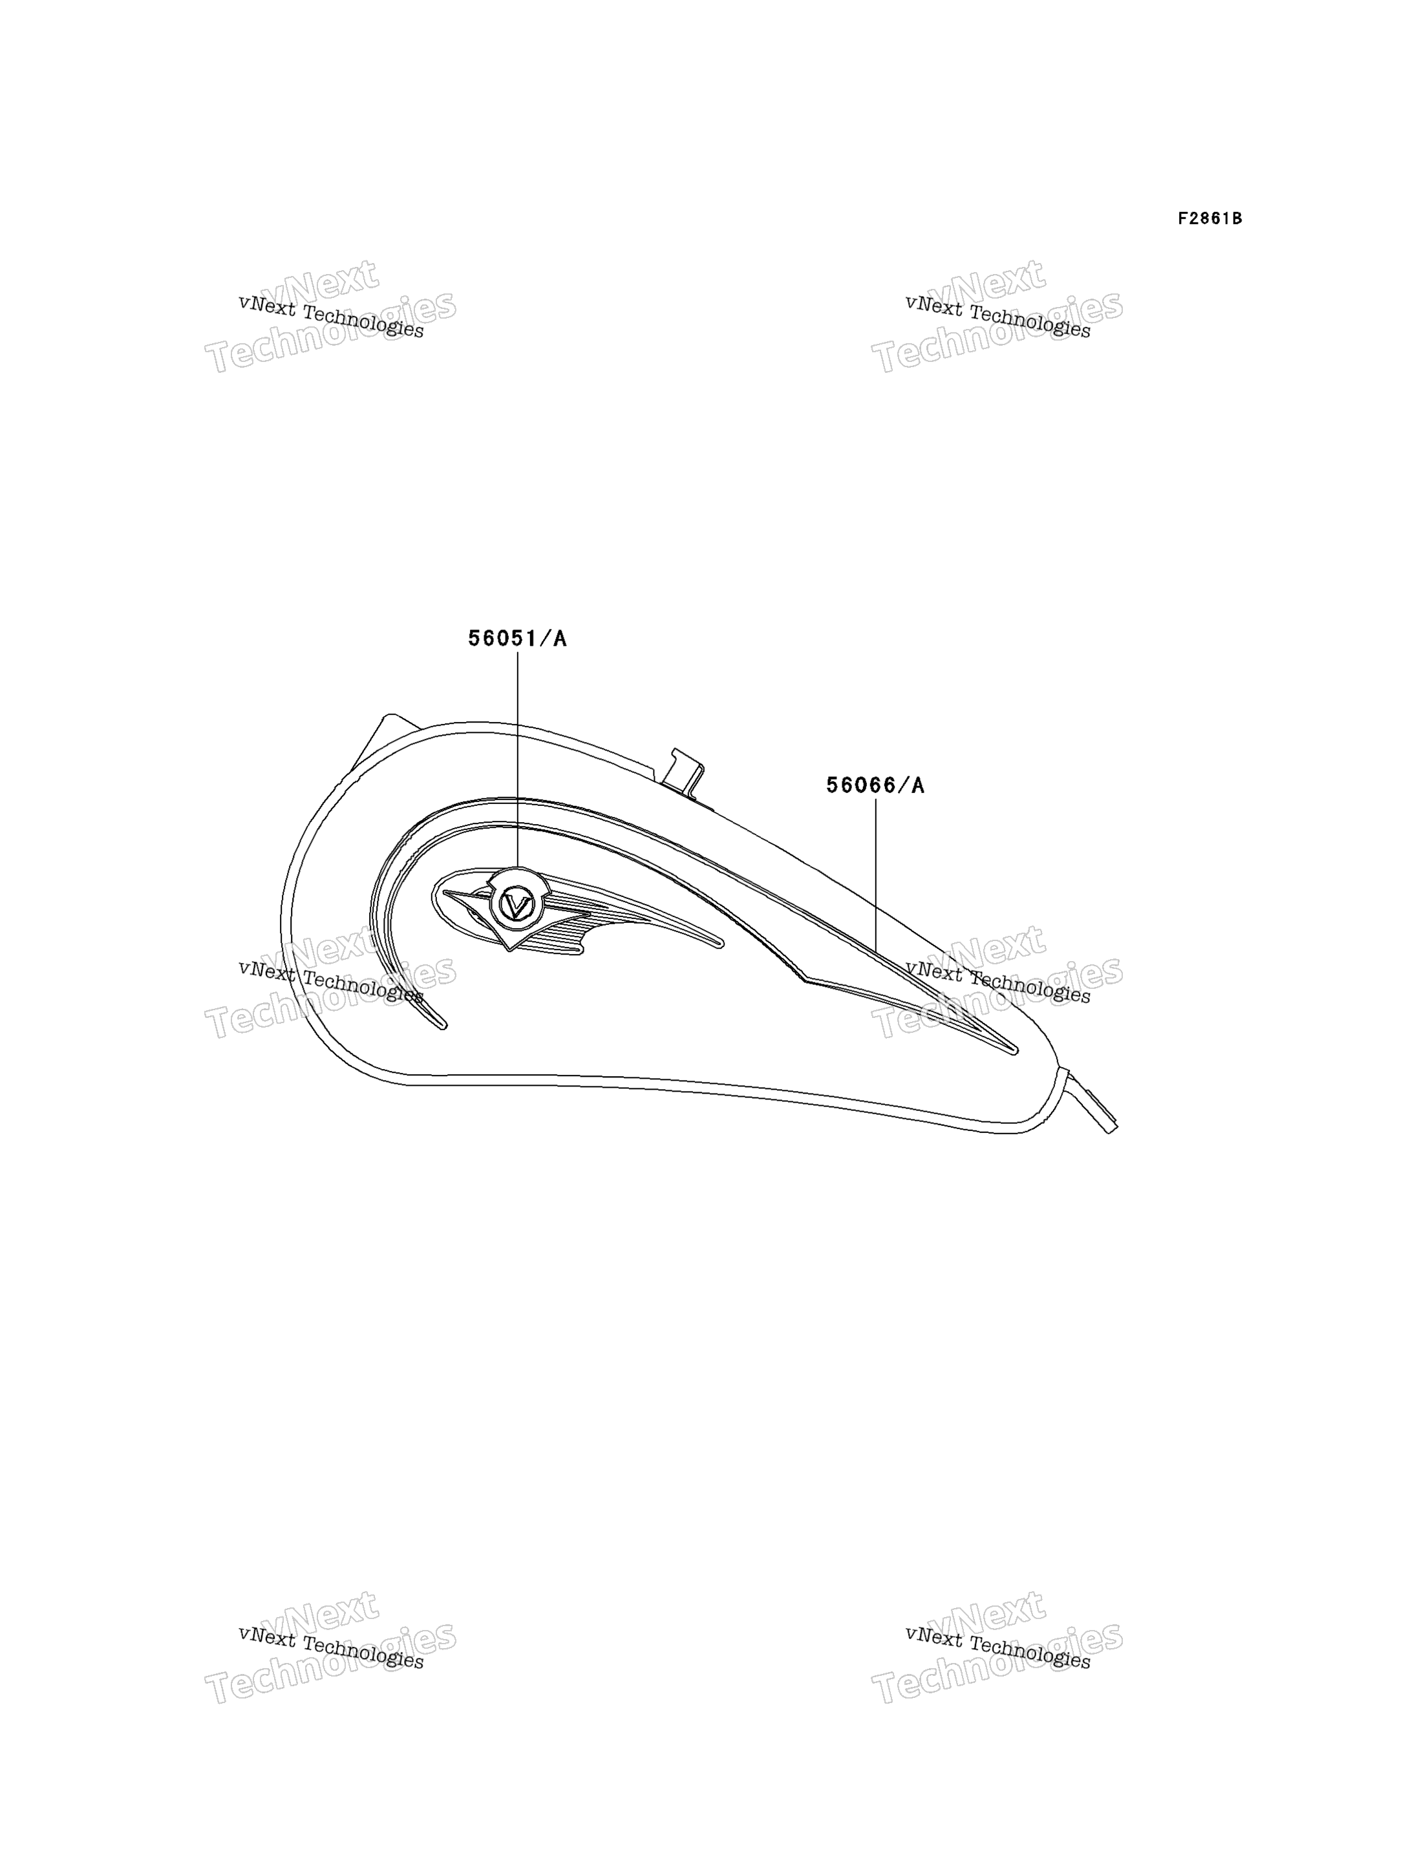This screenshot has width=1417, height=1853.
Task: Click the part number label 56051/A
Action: coord(517,639)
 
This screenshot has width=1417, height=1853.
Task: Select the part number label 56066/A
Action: coord(875,785)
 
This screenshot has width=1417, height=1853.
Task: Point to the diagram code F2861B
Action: coord(1209,218)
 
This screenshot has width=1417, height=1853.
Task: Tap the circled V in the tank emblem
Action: coord(515,905)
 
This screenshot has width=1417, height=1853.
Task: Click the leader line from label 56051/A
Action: coord(518,759)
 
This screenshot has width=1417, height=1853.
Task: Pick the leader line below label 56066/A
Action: coord(875,876)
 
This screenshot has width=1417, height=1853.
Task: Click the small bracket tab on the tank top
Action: coord(685,770)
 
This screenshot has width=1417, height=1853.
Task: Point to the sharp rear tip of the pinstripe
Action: coord(1016,1051)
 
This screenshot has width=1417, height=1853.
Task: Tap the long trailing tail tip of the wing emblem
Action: coord(719,944)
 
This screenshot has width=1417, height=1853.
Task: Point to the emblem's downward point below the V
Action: coord(509,949)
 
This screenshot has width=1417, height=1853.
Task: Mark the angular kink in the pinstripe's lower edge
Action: coord(805,980)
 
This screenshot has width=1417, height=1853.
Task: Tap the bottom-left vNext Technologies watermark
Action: coord(330,1647)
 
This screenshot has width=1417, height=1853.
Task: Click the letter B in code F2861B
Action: coord(1237,218)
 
